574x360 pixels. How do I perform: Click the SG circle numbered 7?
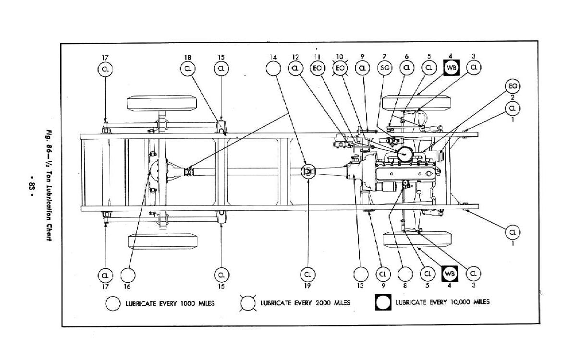384,68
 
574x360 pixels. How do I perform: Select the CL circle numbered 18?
187,69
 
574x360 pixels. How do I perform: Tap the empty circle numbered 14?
273,69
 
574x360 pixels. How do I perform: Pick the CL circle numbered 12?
295,68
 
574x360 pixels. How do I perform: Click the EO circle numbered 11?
317,68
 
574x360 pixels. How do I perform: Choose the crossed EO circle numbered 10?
340,68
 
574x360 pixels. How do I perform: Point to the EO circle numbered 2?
513,86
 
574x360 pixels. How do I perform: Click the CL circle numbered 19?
307,275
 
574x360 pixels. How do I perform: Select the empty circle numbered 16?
127,275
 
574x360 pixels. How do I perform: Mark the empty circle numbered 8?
405,275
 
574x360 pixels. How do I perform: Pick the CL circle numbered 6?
407,68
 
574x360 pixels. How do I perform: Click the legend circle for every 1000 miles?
113,303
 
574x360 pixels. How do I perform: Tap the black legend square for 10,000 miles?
383,302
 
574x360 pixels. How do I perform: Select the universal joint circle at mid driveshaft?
308,171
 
